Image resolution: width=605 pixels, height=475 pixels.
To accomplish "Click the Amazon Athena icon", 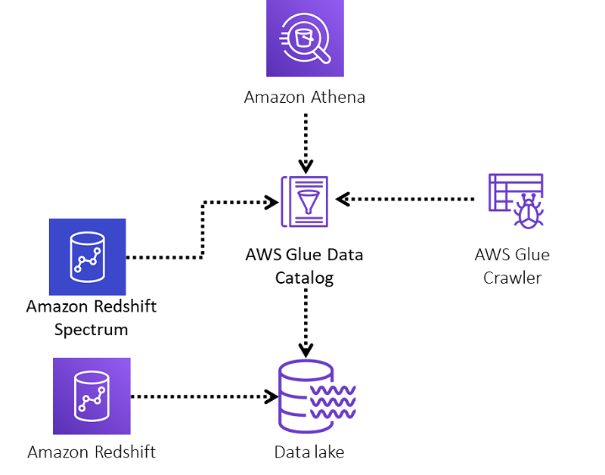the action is pos(305,39).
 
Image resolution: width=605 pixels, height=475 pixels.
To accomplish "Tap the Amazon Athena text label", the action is pos(305,97).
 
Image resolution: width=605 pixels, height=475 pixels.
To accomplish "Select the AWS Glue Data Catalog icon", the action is pos(305,201).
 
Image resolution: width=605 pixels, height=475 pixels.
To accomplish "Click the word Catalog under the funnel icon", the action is pos(305,278).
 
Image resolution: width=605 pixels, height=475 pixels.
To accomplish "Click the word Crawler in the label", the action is pos(513,278).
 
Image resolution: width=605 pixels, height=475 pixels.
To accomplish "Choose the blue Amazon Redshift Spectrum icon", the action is pos(88,257).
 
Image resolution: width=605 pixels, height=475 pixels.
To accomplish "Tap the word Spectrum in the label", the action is pos(91,330).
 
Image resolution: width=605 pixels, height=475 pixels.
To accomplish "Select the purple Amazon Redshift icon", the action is pos(92,396).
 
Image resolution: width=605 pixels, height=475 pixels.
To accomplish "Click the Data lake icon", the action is pos(316,396).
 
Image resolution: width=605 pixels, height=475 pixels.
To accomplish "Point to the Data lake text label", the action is pos(309,452).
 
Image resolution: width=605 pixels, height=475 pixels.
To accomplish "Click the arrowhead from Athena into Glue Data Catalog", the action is pos(306,166).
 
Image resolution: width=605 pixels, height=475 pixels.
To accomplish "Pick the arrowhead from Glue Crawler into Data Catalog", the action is pos(343,199).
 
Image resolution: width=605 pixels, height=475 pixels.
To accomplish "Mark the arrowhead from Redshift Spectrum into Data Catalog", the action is pos(271,202).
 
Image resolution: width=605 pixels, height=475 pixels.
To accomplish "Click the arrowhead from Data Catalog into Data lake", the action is pos(306,351).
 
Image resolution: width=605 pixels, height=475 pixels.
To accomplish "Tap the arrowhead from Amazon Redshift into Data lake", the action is pos(271,396).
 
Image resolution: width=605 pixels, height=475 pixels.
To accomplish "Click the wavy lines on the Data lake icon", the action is pos(333,402).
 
